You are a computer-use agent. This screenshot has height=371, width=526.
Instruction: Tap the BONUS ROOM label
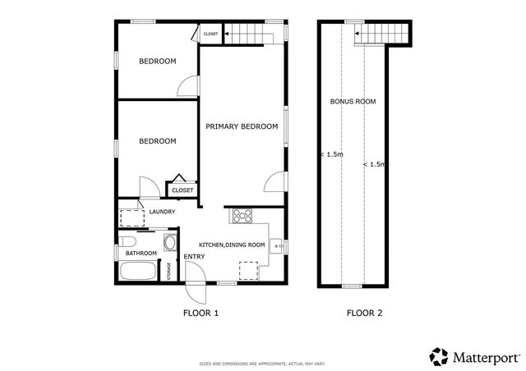click(x=353, y=102)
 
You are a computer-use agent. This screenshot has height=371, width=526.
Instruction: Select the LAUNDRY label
click(x=163, y=213)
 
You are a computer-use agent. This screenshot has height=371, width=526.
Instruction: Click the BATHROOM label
click(x=141, y=253)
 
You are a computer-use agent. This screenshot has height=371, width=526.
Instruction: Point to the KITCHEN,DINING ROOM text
click(x=233, y=245)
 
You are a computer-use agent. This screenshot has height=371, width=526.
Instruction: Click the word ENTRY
click(x=194, y=258)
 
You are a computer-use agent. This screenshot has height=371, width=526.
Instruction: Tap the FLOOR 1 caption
click(x=200, y=313)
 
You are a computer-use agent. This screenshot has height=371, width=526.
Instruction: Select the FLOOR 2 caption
click(x=364, y=313)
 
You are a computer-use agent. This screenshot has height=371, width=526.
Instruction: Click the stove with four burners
click(x=242, y=217)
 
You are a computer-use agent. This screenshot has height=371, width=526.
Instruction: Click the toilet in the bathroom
click(x=127, y=240)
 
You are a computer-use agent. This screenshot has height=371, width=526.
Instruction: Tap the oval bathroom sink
click(x=169, y=243)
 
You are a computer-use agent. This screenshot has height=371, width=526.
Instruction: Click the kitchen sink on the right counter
click(x=278, y=245)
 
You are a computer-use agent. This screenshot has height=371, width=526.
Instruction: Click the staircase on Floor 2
click(x=382, y=34)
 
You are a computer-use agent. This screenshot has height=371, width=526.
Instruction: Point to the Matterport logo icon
click(x=439, y=356)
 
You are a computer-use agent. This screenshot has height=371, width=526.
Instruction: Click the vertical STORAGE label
click(x=170, y=270)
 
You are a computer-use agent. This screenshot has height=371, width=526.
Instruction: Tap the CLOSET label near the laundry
click(x=182, y=190)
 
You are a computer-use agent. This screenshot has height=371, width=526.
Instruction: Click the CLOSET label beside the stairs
click(x=211, y=34)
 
